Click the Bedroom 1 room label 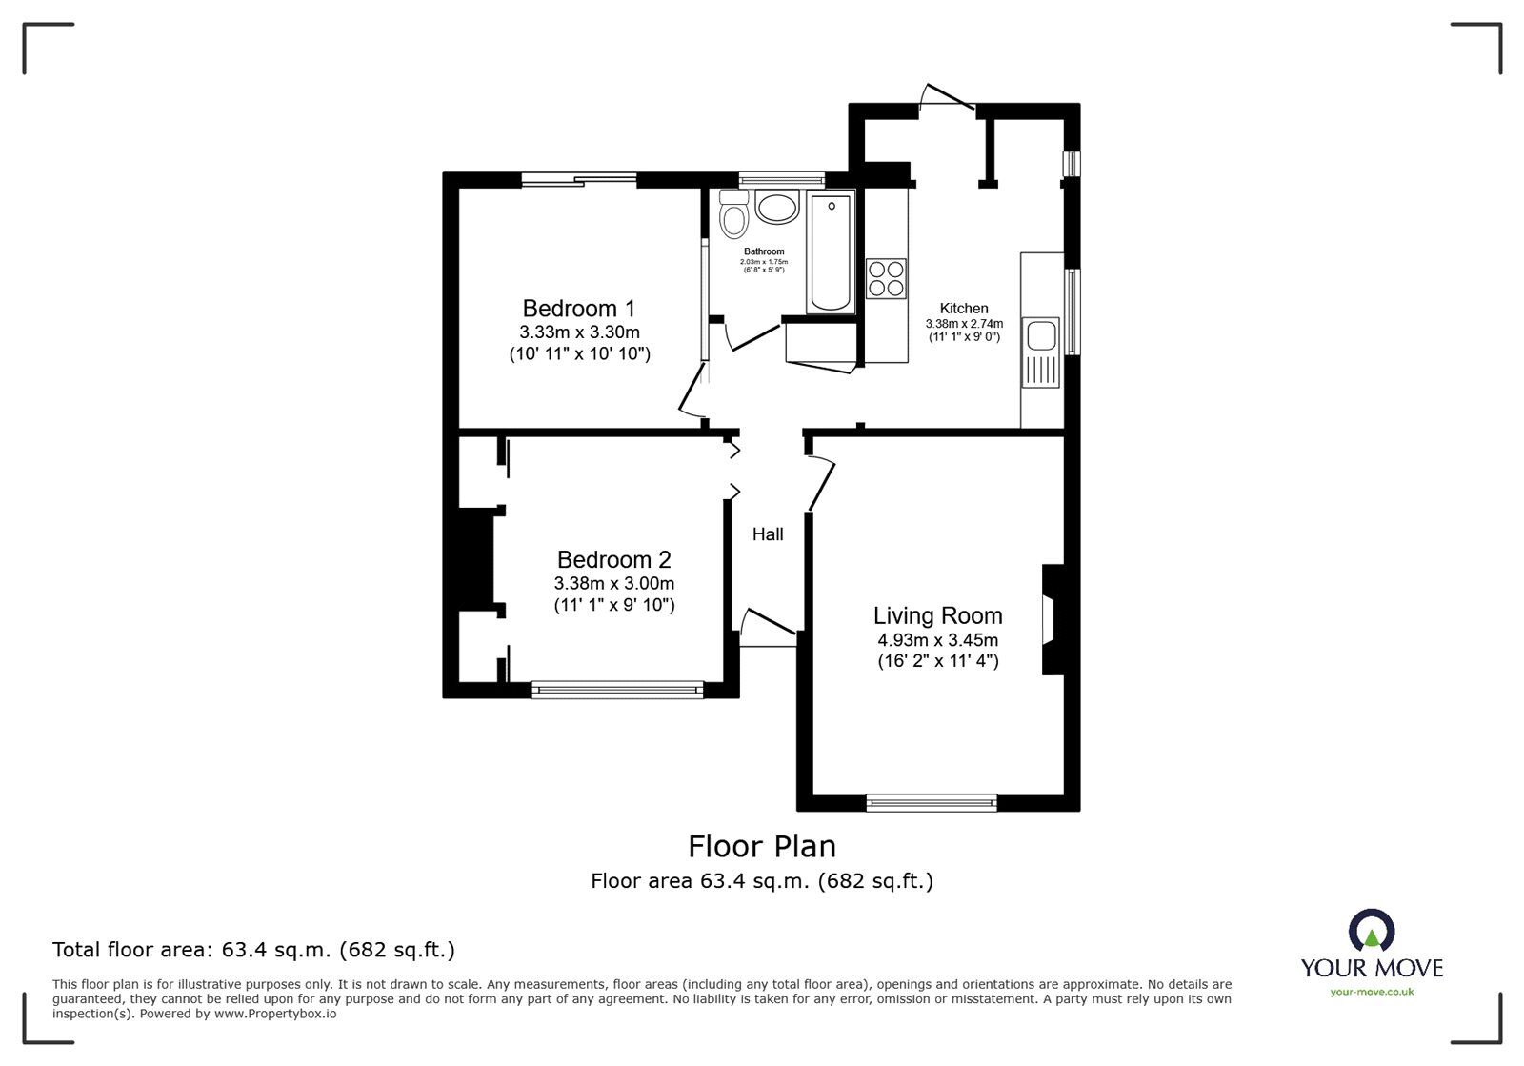coord(578,309)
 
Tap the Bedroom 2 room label coord(613,559)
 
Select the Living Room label coord(937,615)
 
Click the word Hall coord(768,534)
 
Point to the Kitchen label coord(964,309)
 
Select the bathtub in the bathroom coord(830,252)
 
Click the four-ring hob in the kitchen coord(886,278)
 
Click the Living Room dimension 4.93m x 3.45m coord(937,640)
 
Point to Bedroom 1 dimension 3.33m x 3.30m coord(578,332)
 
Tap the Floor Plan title coord(762,846)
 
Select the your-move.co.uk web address coord(1372,992)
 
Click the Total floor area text coord(253,950)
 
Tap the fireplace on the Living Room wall coord(1052,620)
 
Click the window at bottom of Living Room coord(932,803)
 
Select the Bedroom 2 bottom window coord(617,690)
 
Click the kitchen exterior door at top coord(948,97)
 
